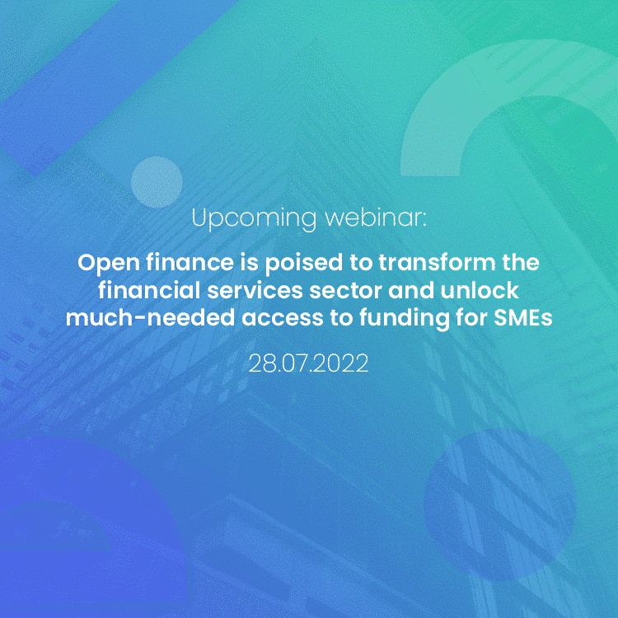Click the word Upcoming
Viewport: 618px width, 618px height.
[x=254, y=218]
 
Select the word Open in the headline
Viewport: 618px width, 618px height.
[x=109, y=264]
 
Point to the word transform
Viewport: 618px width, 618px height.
[x=437, y=263]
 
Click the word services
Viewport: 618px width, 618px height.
[x=255, y=291]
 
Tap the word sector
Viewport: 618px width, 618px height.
[x=345, y=291]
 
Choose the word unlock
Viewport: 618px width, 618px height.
[x=480, y=290]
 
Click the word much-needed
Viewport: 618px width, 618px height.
[x=150, y=318]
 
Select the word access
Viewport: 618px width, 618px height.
[x=282, y=319]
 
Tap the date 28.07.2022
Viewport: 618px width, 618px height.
[x=309, y=363]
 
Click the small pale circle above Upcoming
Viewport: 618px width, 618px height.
[x=157, y=182]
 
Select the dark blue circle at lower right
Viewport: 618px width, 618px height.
[x=500, y=504]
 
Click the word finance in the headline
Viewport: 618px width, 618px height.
[x=190, y=263]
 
